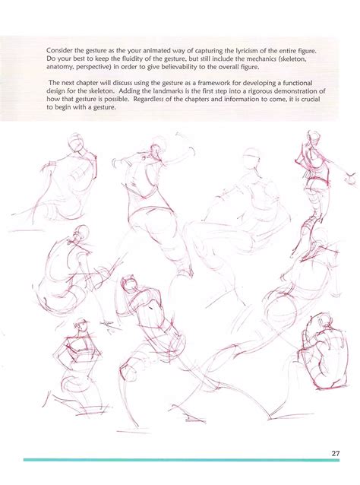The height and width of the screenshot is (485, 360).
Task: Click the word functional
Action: click(298, 83)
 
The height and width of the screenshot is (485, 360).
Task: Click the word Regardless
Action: click(147, 100)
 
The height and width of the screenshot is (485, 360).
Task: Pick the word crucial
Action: click(310, 100)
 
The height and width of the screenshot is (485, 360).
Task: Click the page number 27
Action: click(335, 453)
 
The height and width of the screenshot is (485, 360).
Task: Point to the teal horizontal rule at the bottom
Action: click(181, 460)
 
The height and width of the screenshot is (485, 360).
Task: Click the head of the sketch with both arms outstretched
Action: click(155, 150)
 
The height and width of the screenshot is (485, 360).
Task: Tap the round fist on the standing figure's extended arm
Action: click(351, 178)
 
